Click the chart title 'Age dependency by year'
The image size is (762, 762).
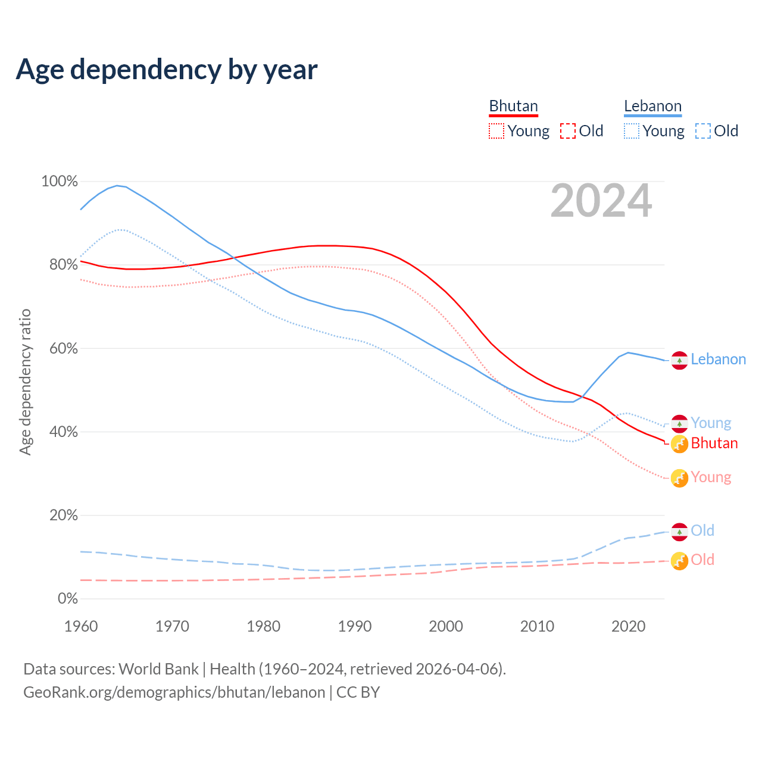point(167,70)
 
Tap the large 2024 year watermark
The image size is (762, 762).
point(601,201)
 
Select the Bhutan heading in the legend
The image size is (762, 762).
point(513,106)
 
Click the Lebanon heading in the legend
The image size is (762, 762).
point(652,106)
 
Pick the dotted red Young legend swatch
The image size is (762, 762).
point(496,131)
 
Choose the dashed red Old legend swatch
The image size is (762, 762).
point(568,131)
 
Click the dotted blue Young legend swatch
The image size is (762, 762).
point(631,131)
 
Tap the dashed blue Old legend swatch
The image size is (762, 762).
point(703,131)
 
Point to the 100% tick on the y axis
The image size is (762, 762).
point(60,181)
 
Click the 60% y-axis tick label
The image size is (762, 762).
point(63,348)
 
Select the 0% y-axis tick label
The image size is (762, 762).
point(67,599)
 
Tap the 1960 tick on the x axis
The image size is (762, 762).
point(81,626)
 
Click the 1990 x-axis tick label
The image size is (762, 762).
point(355,626)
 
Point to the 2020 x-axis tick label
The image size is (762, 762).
point(629,626)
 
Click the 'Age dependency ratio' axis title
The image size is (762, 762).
point(25,382)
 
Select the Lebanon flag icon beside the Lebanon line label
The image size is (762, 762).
point(679,360)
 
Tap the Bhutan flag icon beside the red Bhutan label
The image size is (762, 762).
point(679,444)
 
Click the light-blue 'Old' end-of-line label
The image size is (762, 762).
point(702,530)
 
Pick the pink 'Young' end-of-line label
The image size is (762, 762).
point(711,477)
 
